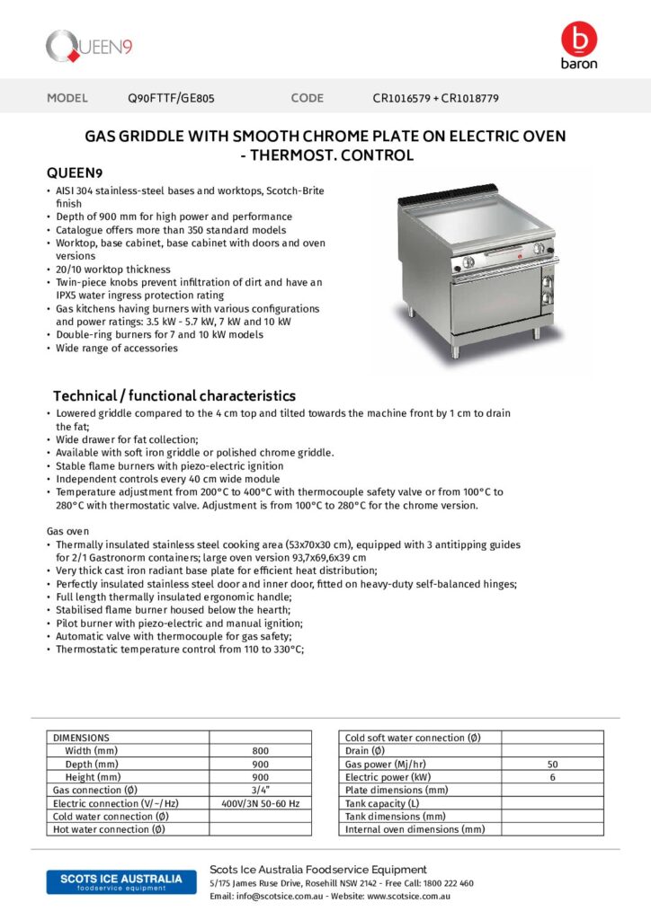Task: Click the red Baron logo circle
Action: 578,39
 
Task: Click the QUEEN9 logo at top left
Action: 89,44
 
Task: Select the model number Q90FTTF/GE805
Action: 172,98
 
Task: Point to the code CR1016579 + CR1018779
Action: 436,98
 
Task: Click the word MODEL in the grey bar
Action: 67,98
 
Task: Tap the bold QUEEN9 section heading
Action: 74,173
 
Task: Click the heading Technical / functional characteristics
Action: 174,395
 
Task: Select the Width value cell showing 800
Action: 260,750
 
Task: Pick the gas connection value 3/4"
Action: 260,790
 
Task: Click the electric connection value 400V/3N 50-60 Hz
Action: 260,803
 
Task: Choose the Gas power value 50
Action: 552,764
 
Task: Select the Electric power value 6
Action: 552,777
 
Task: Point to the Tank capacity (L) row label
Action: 382,803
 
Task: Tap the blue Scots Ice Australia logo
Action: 115,881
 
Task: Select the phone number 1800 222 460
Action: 448,883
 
